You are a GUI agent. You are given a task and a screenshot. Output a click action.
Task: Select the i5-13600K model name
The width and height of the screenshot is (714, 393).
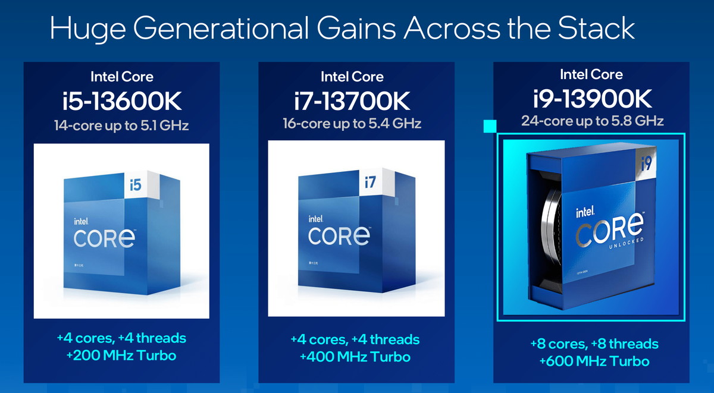(121, 101)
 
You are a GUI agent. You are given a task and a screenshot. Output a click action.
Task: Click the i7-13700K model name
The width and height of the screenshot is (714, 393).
(352, 101)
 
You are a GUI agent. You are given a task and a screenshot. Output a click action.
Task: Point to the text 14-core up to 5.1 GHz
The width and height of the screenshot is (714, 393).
(121, 125)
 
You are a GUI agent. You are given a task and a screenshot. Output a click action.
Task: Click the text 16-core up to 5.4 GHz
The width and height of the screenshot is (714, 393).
(352, 124)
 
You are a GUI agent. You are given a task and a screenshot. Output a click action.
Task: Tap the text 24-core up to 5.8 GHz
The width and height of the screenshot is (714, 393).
(592, 121)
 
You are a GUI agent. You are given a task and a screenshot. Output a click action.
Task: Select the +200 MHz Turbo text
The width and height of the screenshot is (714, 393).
(121, 356)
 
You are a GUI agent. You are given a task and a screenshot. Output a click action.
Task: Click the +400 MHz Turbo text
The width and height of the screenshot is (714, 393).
(355, 357)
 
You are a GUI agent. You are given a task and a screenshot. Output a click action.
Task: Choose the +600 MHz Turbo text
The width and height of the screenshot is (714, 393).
(594, 361)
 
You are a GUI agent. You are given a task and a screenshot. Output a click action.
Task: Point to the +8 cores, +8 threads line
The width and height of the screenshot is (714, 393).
(594, 344)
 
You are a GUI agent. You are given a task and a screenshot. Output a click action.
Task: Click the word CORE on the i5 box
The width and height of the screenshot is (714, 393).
(105, 238)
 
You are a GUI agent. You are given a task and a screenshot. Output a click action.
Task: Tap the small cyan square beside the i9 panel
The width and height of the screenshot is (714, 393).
(490, 126)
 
